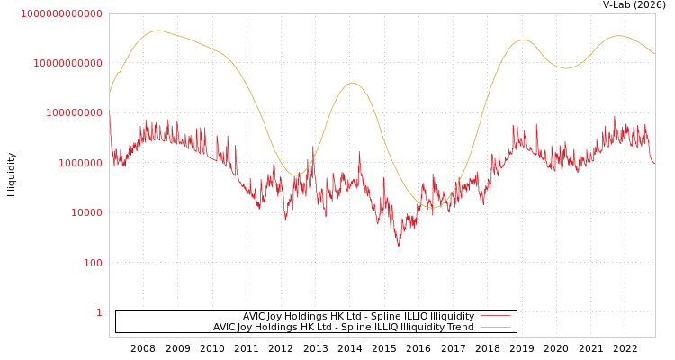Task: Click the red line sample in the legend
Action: click(495, 316)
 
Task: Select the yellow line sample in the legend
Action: click(495, 327)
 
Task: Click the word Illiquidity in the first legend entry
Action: click(453, 316)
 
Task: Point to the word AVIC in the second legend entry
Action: click(226, 327)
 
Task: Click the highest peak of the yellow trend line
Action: click(157, 31)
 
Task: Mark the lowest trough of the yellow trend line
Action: click(431, 208)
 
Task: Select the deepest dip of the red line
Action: click(399, 245)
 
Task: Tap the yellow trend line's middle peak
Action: click(352, 83)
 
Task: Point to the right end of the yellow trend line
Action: click(655, 54)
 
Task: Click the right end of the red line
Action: click(655, 163)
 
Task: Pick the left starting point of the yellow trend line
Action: click(110, 93)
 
